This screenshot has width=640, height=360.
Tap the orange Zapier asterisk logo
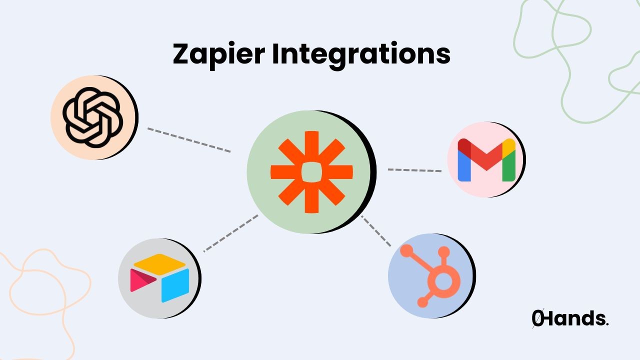click(311, 171)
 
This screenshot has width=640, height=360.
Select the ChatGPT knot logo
click(93, 117)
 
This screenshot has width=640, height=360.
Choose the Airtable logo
click(159, 278)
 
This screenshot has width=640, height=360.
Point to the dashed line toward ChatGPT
click(189, 139)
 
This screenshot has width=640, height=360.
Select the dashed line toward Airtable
click(231, 233)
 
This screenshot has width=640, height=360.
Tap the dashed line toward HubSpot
click(376, 230)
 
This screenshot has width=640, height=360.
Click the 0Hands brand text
click(570, 318)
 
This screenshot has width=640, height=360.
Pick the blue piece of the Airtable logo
click(175, 285)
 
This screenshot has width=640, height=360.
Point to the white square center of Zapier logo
click(311, 171)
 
